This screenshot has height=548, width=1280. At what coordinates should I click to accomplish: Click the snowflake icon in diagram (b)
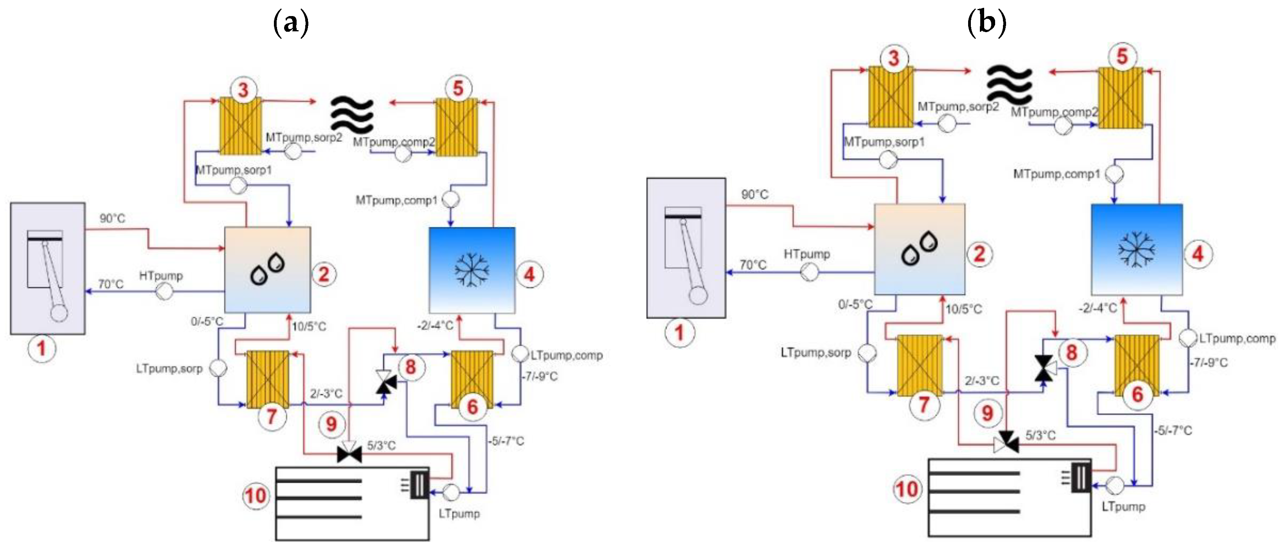click(x=1136, y=249)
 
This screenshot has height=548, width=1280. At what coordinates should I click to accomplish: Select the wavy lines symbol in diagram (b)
click(x=1009, y=83)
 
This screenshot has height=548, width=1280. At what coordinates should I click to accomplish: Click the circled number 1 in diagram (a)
click(x=42, y=348)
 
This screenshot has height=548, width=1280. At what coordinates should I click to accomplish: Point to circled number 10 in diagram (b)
click(x=907, y=489)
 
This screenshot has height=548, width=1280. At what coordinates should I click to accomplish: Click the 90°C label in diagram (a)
click(x=112, y=218)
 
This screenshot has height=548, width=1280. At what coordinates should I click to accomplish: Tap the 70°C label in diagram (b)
click(x=753, y=264)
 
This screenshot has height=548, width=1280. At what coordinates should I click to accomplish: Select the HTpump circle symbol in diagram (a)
click(x=164, y=291)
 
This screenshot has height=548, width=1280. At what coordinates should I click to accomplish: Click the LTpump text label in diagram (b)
click(x=1123, y=507)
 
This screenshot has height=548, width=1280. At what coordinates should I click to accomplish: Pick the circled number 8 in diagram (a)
click(x=410, y=367)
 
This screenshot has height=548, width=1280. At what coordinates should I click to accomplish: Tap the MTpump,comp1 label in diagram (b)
click(x=1057, y=174)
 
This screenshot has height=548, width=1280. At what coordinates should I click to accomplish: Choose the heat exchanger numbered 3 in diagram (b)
click(x=891, y=97)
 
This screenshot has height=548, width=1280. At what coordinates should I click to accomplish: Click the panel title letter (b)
click(x=987, y=22)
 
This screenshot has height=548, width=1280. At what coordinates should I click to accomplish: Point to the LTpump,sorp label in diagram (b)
click(x=816, y=353)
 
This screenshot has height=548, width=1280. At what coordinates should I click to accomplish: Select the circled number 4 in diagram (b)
click(x=1198, y=254)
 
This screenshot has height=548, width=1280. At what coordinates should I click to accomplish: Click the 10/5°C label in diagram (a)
click(x=309, y=327)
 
